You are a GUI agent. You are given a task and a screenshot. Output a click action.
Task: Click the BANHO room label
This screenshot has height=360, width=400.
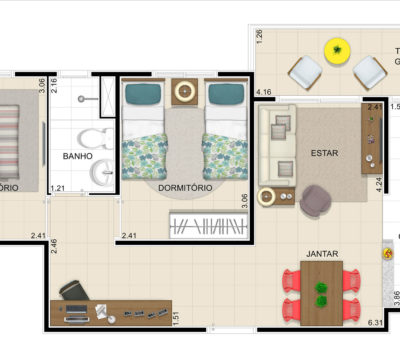78,157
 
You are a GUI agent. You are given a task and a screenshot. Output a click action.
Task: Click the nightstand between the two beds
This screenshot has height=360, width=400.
185,93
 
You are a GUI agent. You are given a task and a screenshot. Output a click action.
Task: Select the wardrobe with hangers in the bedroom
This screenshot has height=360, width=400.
207,225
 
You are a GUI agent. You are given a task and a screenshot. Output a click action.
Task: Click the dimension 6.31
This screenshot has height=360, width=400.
376,322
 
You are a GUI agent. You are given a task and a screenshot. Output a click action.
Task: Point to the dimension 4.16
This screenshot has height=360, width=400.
265,93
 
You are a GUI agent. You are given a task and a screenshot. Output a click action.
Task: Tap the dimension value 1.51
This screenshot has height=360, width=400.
177,319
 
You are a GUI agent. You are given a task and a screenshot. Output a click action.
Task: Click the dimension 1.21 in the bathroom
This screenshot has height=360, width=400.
58,188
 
